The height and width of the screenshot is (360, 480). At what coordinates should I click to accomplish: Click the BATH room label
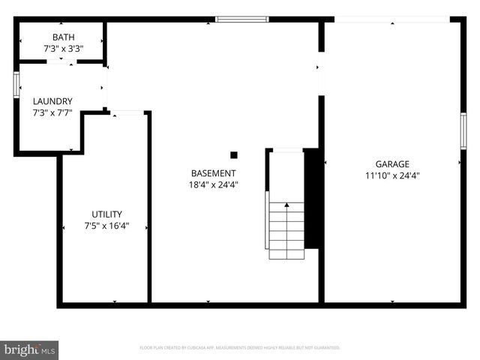pos(63,37)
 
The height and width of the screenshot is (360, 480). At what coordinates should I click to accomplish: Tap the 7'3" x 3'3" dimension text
pos(63,48)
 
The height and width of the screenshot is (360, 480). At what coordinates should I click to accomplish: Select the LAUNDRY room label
pos(52,101)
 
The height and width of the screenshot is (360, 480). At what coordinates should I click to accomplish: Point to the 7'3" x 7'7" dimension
pos(52,112)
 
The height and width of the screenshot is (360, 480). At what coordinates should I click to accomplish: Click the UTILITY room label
pos(106,214)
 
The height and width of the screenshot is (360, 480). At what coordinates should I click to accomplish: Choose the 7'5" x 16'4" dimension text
pos(106,225)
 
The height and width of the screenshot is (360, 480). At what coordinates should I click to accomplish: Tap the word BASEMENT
pos(214,172)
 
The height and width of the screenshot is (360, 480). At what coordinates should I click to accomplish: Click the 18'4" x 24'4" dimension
pos(214,184)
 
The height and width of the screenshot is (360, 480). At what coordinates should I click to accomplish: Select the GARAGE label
pos(392,164)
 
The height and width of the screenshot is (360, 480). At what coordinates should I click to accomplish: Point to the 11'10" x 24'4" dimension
pos(392,175)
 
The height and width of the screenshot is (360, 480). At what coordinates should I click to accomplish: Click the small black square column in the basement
pos(234,155)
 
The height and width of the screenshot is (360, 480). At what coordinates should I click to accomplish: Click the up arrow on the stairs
pos(286,205)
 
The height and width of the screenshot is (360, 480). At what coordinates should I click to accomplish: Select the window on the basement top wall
pos(241,19)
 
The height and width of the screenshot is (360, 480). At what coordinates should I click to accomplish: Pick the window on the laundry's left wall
pos(16,84)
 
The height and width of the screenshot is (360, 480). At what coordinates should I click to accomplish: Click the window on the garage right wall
pos(463,130)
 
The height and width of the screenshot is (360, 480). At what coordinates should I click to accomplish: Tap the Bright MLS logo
pos(29,349)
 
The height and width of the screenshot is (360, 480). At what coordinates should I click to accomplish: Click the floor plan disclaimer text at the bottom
pos(240,348)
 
